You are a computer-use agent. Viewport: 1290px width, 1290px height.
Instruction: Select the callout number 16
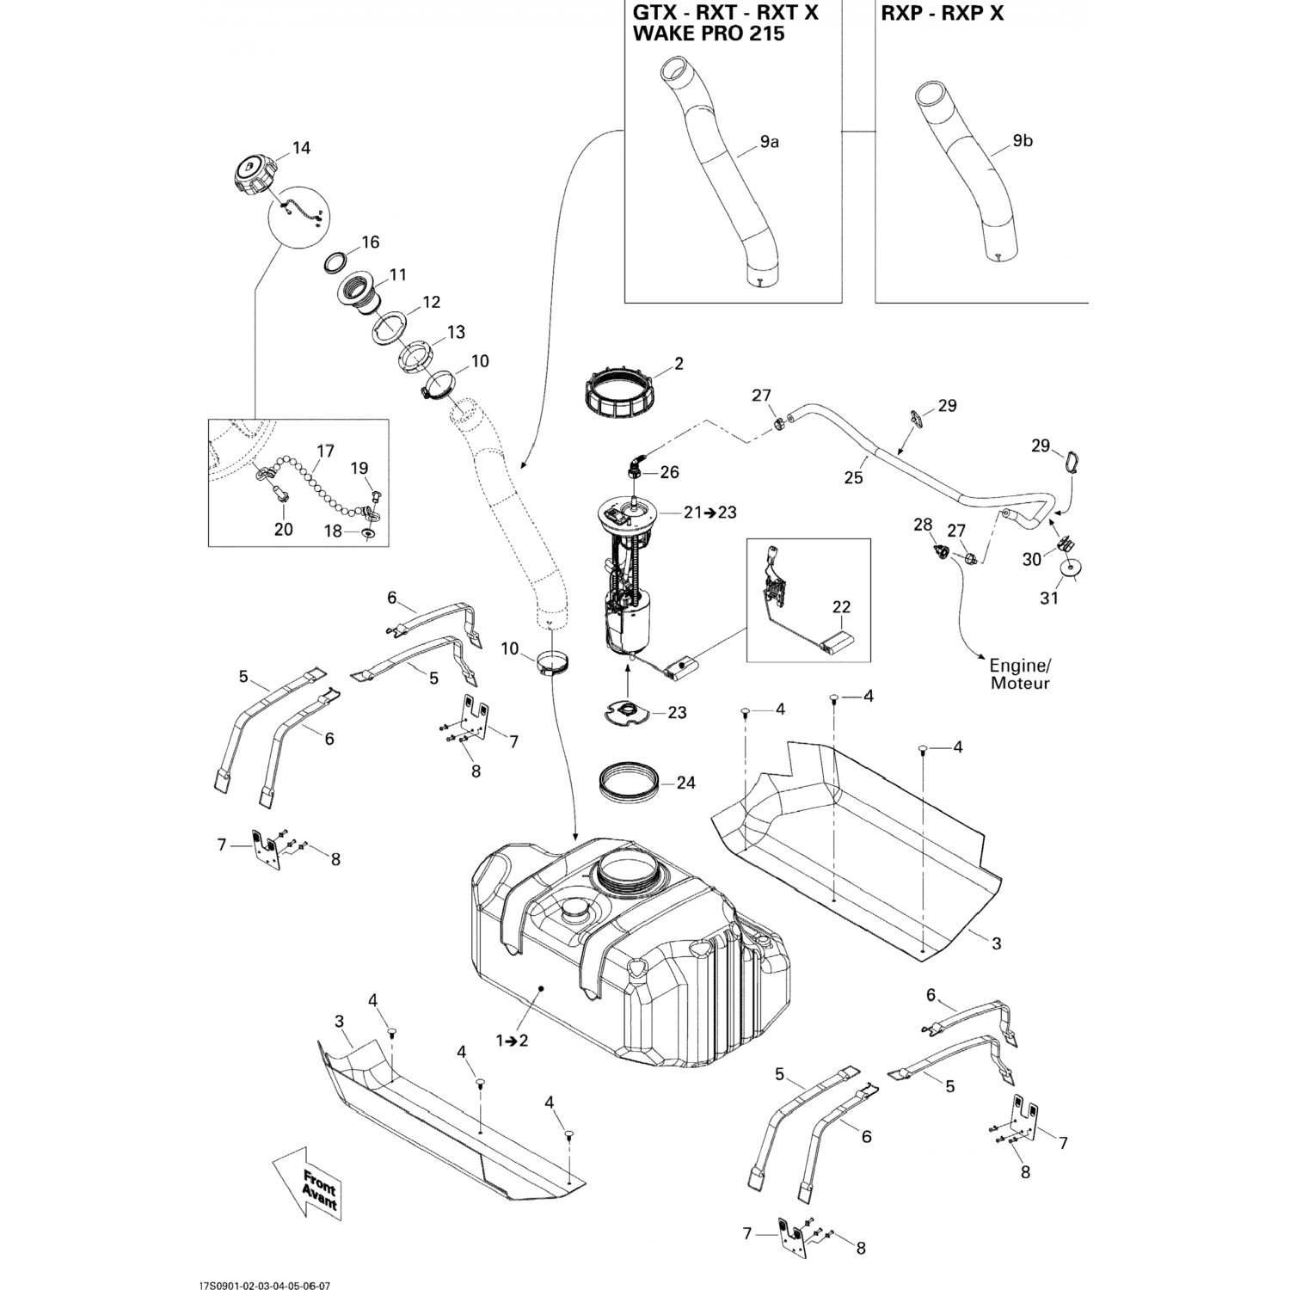coord(370,242)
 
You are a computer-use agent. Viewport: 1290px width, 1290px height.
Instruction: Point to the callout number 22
coord(840,607)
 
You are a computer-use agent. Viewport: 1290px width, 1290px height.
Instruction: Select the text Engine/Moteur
coord(1020,674)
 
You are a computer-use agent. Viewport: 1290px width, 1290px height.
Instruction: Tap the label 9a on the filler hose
coord(769,142)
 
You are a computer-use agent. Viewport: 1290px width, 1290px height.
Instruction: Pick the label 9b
coord(1023,141)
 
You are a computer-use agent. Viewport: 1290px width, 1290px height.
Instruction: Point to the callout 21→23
coord(710,513)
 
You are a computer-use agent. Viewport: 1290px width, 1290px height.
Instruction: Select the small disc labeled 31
coord(1072,568)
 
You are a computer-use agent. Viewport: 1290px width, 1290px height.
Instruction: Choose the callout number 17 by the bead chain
coord(325,451)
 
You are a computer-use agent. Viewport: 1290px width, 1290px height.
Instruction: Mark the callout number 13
coord(455,332)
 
